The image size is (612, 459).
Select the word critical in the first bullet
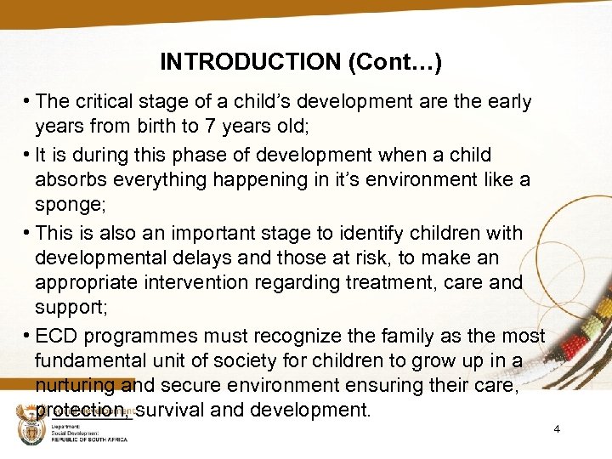point(102,102)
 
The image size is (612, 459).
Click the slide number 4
point(557,429)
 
